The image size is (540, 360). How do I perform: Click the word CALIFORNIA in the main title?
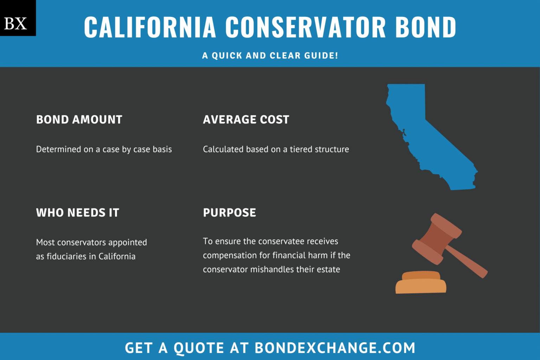150,27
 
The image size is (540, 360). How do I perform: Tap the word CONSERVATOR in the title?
306,27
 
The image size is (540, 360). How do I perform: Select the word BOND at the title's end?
426,27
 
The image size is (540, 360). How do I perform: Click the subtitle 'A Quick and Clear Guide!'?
270,56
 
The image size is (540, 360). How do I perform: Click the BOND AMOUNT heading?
79,120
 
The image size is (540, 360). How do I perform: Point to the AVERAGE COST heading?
246,120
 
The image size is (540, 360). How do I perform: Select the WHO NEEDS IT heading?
78,213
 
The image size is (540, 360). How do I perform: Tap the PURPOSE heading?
230,213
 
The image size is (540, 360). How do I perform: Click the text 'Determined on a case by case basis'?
104,149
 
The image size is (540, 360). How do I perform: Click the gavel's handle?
468,262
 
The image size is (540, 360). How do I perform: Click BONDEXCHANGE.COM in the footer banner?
335,348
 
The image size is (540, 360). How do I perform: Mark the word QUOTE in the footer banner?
199,348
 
